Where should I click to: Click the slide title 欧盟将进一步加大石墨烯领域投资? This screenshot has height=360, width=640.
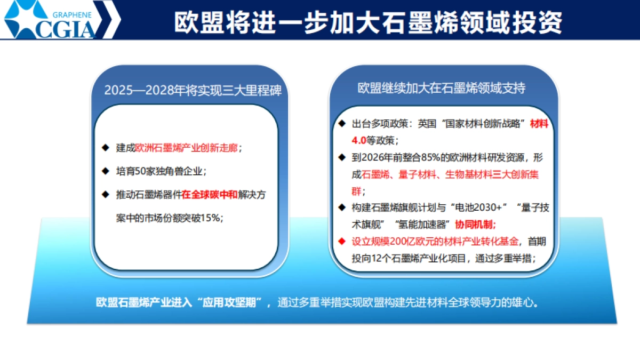(368, 22)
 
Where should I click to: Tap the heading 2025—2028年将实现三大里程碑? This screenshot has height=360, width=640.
(193, 90)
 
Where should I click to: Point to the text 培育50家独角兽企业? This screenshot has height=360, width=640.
(161, 171)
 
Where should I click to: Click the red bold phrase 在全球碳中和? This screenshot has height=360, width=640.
(209, 195)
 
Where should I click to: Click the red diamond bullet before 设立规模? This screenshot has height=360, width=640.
(342, 241)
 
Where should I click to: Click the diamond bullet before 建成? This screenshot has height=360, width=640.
(106, 147)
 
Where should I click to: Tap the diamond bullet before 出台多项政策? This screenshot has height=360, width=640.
(342, 123)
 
